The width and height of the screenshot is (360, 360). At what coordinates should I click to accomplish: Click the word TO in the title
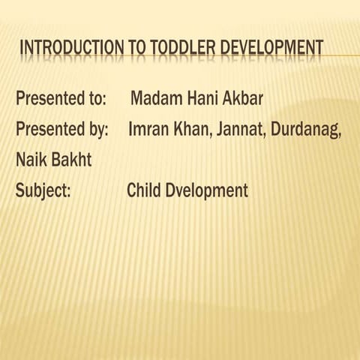point(140,49)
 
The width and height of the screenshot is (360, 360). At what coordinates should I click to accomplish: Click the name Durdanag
point(307,129)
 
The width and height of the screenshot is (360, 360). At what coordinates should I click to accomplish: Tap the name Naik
point(31,159)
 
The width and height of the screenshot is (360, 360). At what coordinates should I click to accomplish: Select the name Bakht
point(75,159)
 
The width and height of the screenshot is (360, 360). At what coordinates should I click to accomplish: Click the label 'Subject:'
point(43,190)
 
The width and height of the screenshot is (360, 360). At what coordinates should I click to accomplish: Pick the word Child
point(145,190)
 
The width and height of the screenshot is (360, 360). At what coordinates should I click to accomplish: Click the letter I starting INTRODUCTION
point(22,49)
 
